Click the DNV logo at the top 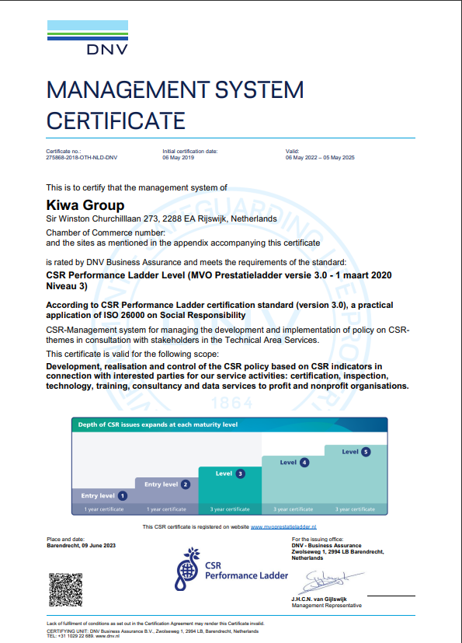(x=87, y=38)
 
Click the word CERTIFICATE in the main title (x=116, y=121)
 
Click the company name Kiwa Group (x=85, y=206)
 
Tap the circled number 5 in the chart (x=366, y=452)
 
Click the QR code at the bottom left (x=65, y=589)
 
